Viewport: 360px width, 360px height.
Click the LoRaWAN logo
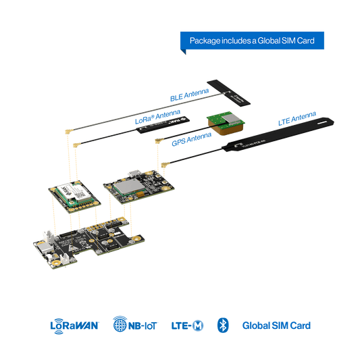click(x=74, y=326)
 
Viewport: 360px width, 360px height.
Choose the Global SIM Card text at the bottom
click(x=277, y=326)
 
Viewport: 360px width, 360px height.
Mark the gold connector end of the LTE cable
click(x=163, y=164)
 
